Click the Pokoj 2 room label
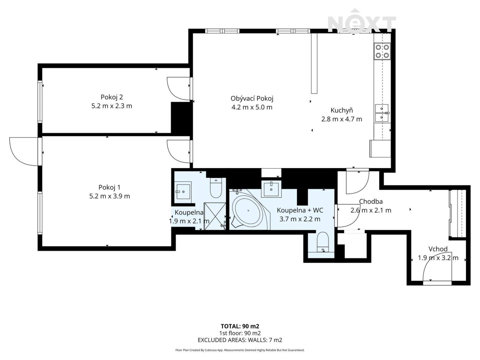point(112,97)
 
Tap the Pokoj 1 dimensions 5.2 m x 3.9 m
point(109,196)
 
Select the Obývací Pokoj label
point(252,99)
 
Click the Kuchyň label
point(341,110)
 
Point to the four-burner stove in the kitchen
point(382,51)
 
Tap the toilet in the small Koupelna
point(216,188)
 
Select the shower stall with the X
point(215,217)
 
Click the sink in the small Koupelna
point(183,191)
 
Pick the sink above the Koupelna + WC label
point(271,189)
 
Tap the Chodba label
point(371,202)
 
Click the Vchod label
point(438,249)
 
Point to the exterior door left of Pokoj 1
point(24,151)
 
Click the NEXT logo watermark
point(362,22)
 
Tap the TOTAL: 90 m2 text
point(240,326)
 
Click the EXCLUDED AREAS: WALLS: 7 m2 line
point(240,340)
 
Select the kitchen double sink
point(382,113)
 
